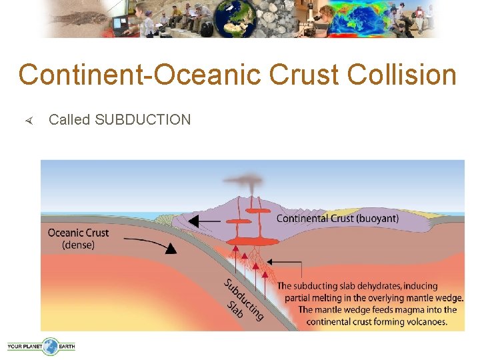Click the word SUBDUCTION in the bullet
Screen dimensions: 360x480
pyautogui.click(x=143, y=120)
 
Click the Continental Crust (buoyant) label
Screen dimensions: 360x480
pyautogui.click(x=337, y=219)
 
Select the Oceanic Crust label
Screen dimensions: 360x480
pyautogui.click(x=78, y=233)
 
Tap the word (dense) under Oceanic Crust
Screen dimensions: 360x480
pyautogui.click(x=78, y=245)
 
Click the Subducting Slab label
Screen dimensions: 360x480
pyautogui.click(x=241, y=299)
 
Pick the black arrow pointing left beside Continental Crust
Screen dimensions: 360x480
pyautogui.click(x=207, y=221)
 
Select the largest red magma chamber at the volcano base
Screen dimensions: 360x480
pyautogui.click(x=250, y=242)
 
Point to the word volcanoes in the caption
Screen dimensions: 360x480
pyautogui.click(x=424, y=322)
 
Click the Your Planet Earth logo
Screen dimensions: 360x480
pyautogui.click(x=41, y=346)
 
